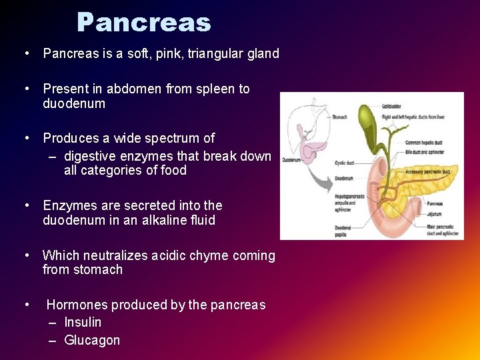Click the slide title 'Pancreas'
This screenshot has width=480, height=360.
click(x=143, y=23)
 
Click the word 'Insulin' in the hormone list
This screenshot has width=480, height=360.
click(x=83, y=323)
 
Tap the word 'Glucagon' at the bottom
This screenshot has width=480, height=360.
click(x=92, y=341)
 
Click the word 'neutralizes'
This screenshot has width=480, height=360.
click(x=113, y=256)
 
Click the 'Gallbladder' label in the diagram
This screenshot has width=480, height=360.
click(x=391, y=106)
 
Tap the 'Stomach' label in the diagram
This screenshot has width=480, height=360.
click(x=339, y=117)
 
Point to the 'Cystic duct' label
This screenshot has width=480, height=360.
click(x=345, y=162)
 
